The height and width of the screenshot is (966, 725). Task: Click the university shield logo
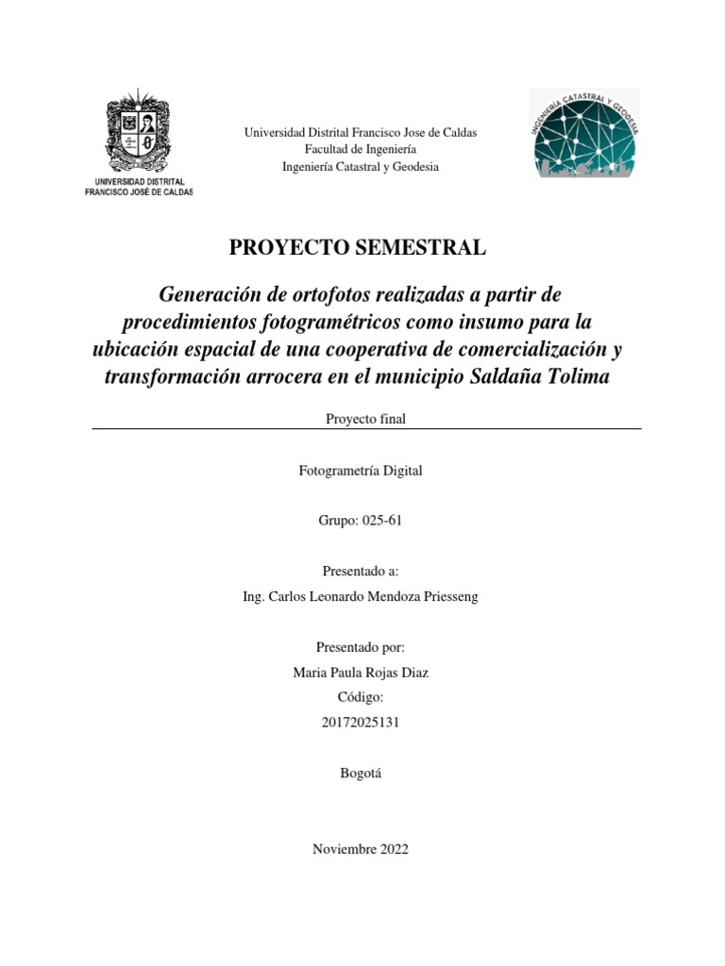139,132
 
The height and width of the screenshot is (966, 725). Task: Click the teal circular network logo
584,132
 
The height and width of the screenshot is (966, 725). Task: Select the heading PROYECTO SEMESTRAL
359,248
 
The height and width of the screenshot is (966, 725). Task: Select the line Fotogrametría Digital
361,470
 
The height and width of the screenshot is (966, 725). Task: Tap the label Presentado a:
361,571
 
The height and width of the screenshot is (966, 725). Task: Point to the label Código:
361,697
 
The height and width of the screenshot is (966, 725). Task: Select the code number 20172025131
361,723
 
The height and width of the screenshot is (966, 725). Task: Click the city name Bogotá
361,773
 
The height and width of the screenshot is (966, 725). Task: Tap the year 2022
391,849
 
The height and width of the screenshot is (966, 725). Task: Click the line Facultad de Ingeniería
361,149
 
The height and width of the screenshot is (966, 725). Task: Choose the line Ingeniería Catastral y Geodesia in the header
361,166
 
